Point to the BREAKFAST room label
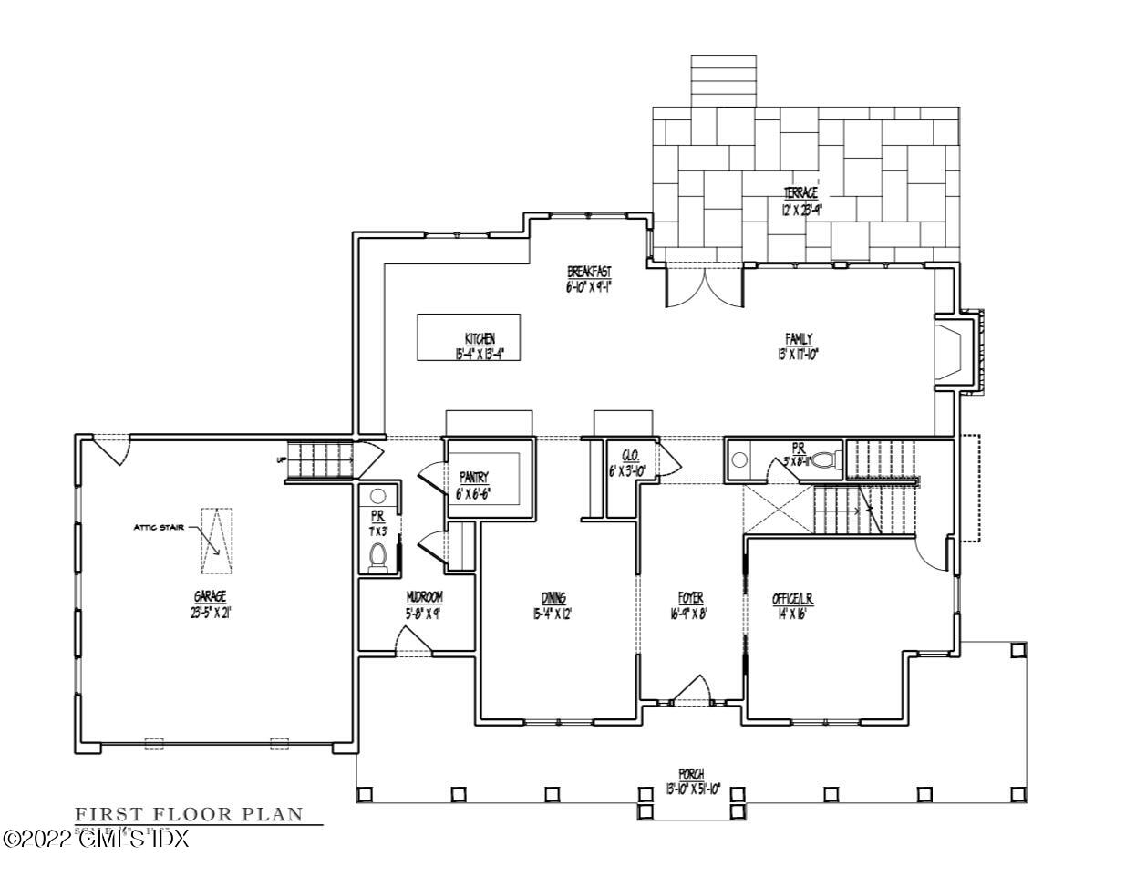pyautogui.click(x=588, y=272)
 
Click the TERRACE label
pyautogui.click(x=800, y=193)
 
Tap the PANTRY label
pyautogui.click(x=473, y=477)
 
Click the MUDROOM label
pyautogui.click(x=424, y=597)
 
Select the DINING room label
pyautogui.click(x=553, y=598)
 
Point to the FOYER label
pyautogui.click(x=690, y=598)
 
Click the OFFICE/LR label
pyautogui.click(x=792, y=598)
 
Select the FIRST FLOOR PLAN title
pyautogui.click(x=187, y=814)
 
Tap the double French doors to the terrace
pyautogui.click(x=703, y=287)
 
